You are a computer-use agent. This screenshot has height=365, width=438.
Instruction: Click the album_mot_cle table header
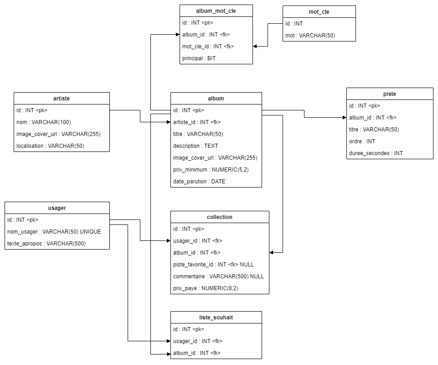point(216,10)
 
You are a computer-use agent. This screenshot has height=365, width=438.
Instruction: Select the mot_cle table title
point(319,12)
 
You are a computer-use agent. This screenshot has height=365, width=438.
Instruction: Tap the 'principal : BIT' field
point(199,58)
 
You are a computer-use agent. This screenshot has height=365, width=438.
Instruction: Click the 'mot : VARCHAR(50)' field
point(310,36)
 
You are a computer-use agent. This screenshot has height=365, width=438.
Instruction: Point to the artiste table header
point(62,98)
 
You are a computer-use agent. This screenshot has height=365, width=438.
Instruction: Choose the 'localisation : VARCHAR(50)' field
point(50,146)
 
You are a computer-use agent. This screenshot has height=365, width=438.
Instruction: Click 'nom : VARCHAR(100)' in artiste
point(44,122)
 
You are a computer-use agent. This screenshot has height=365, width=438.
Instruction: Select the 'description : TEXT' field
point(196,146)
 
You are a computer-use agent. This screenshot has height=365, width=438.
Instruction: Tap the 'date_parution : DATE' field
point(199,182)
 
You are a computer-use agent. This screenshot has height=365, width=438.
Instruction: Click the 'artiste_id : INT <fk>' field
point(197,122)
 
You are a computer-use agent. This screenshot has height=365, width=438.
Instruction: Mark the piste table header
point(390,94)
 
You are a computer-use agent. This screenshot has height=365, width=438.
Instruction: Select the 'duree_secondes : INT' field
point(376,153)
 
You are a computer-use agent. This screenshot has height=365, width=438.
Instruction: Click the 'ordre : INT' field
point(362,141)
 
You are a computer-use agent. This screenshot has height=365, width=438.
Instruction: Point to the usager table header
point(57,208)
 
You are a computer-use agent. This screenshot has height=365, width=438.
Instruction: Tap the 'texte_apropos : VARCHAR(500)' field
point(46,244)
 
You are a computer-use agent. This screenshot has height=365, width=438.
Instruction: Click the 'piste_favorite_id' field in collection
point(213,265)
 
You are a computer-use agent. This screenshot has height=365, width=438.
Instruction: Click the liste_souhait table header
point(216,318)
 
